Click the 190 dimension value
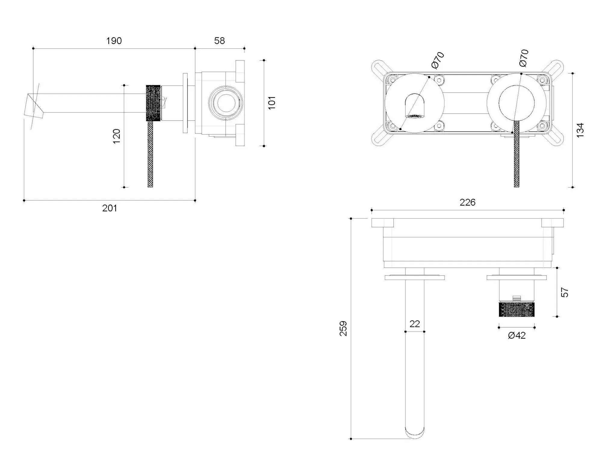click(x=114, y=41)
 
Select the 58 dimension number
click(x=219, y=41)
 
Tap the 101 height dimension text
click(x=272, y=103)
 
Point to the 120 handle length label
click(x=116, y=136)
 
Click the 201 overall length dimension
click(x=110, y=208)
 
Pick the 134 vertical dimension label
click(x=580, y=130)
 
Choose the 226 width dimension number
click(x=467, y=202)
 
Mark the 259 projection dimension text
click(x=343, y=328)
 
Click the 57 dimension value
click(x=565, y=292)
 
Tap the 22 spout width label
click(x=414, y=324)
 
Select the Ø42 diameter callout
click(x=517, y=335)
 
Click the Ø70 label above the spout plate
click(x=438, y=60)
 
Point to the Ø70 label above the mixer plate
click(x=524, y=58)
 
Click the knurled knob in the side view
click(x=153, y=103)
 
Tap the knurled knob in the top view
click(x=517, y=310)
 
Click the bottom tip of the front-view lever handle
click(x=517, y=186)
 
